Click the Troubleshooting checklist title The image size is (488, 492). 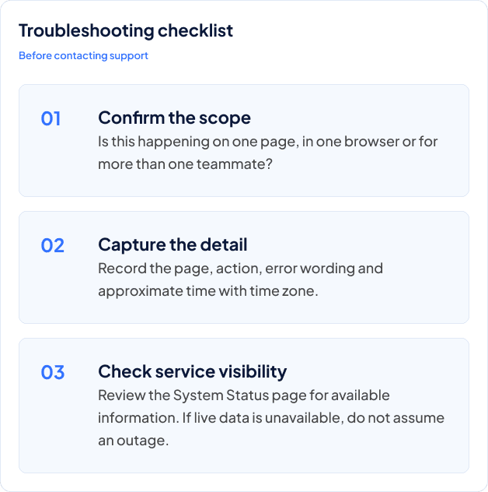coord(126,31)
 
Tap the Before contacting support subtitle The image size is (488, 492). coord(83,56)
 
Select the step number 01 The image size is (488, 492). coord(51,118)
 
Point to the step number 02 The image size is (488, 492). coord(53,245)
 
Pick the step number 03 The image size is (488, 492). coord(53,372)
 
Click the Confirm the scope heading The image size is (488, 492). coord(174,118)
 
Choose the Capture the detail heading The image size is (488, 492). coord(173,244)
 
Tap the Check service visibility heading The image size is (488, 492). coord(192,372)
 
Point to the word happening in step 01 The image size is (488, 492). coord(173,142)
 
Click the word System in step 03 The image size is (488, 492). coord(198,395)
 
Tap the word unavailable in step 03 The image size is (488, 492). coord(302,418)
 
